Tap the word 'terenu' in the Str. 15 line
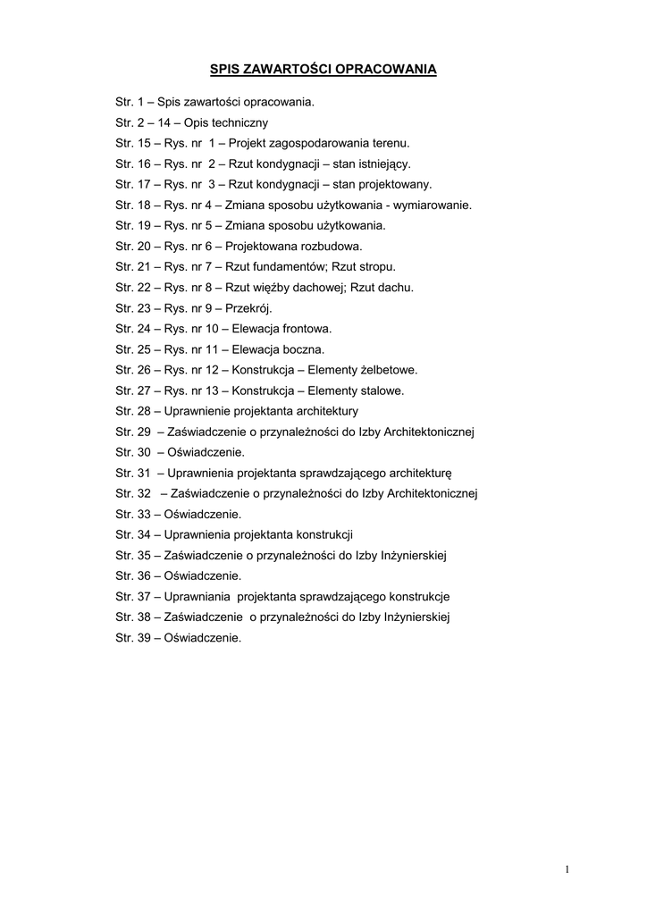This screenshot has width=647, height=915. pyautogui.click(x=390, y=143)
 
